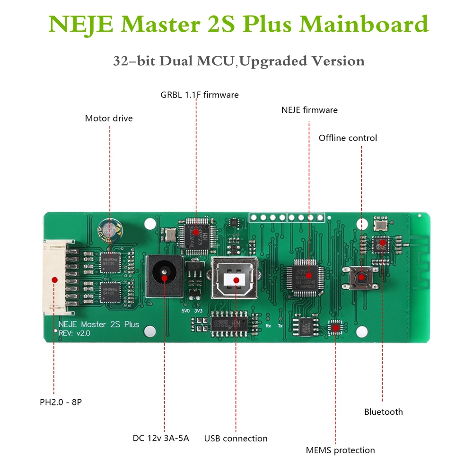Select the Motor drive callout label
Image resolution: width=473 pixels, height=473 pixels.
click(109, 118)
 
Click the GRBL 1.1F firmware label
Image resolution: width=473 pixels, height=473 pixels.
click(200, 95)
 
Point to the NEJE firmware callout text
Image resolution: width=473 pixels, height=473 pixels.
click(309, 110)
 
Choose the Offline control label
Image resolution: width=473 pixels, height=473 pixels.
click(348, 138)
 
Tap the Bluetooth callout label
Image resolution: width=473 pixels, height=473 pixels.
click(383, 412)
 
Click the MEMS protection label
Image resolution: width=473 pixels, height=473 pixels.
click(340, 450)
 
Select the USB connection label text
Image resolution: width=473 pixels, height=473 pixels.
click(236, 438)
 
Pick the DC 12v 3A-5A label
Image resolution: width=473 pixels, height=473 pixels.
click(161, 438)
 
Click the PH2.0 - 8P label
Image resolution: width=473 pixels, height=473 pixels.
click(64, 403)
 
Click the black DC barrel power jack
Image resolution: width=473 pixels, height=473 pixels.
click(164, 276)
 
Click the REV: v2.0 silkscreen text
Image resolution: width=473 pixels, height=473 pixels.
click(75, 333)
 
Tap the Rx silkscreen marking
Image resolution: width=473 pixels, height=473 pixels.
click(268, 326)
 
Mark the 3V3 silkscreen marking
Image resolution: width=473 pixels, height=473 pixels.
click(199, 311)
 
